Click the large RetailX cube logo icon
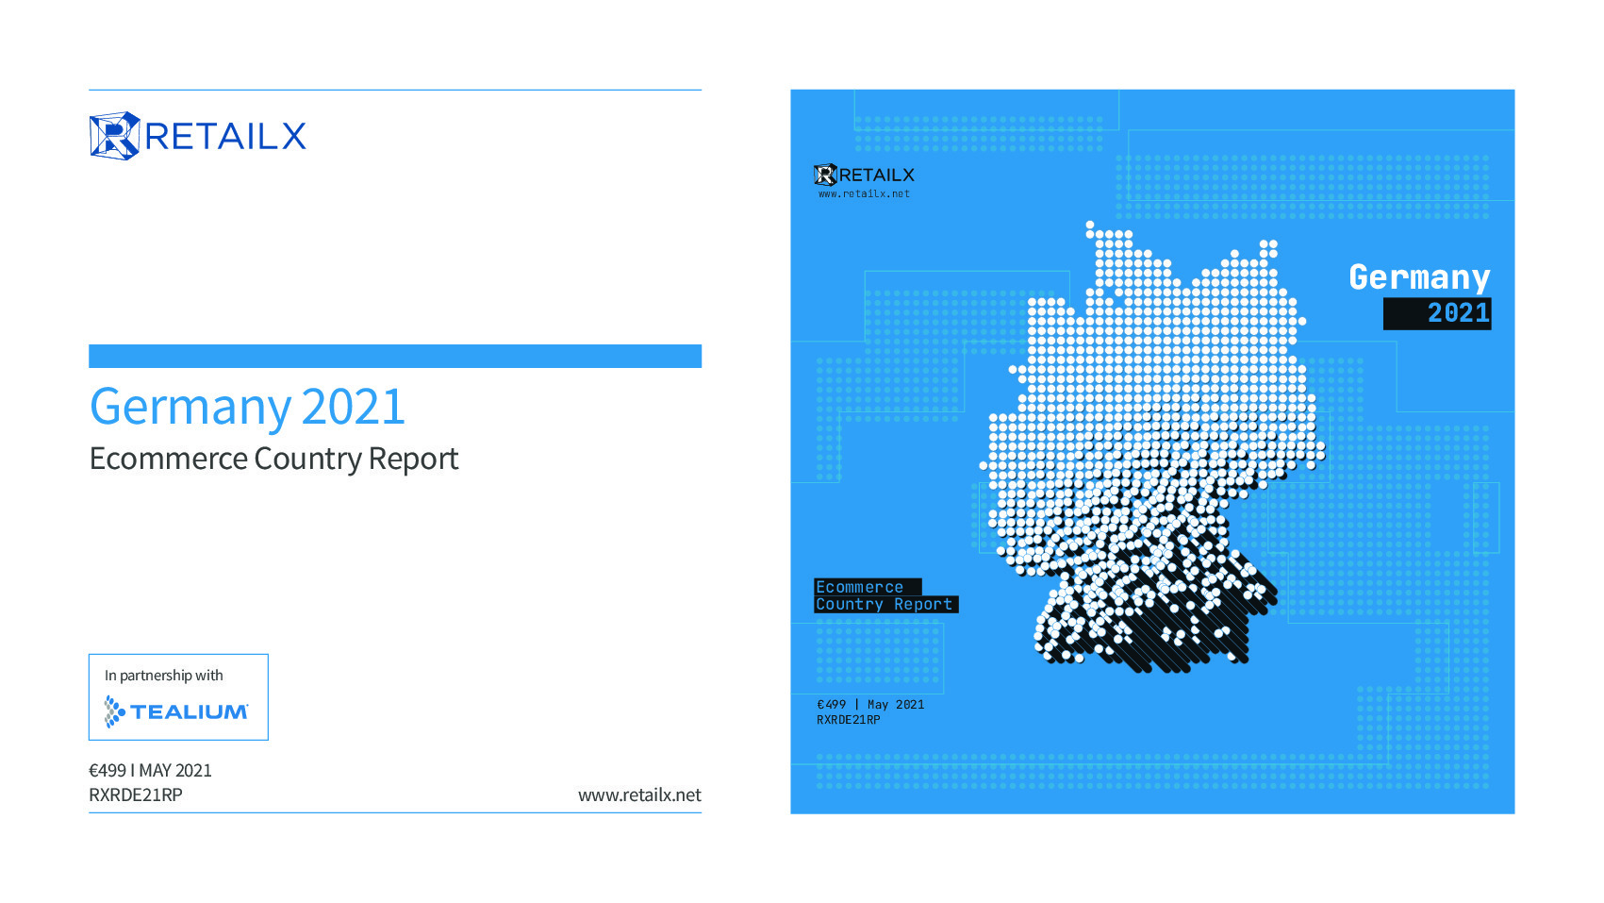[115, 136]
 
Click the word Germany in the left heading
[190, 407]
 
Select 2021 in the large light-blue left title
[353, 406]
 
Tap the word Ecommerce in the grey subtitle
[168, 459]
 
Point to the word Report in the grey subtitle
[413, 460]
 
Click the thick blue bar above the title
[395, 356]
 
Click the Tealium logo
[176, 711]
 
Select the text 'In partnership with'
[164, 675]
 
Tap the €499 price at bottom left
[107, 770]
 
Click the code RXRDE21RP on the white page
[136, 794]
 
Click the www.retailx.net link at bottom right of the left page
[639, 794]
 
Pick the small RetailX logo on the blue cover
[865, 175]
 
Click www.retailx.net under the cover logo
[865, 194]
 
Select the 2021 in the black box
[1459, 313]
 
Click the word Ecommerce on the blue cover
[859, 587]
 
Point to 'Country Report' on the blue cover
[885, 604]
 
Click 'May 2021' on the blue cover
[896, 705]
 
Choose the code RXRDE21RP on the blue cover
[849, 720]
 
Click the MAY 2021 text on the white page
[175, 770]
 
